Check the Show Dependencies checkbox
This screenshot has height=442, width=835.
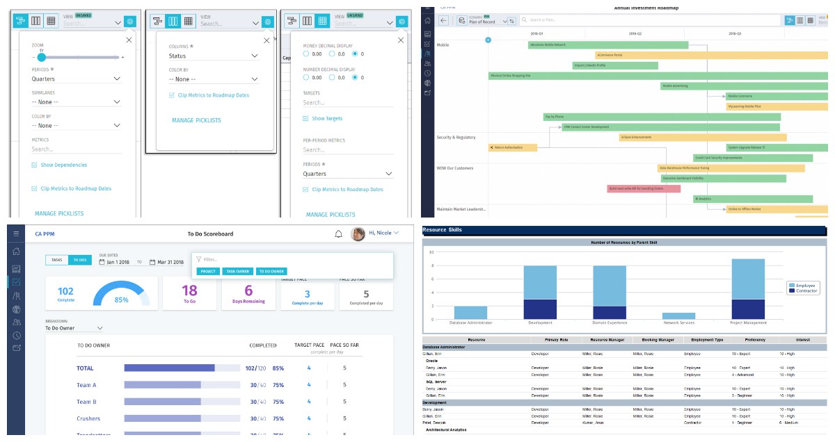click(34, 165)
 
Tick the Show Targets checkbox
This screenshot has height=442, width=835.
click(305, 119)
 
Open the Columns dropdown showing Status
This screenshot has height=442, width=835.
click(214, 56)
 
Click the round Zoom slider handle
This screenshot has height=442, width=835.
click(42, 57)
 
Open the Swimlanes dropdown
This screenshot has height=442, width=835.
click(77, 102)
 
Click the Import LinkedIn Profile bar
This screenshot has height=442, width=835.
click(615, 66)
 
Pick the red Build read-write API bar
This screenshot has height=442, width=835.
click(635, 188)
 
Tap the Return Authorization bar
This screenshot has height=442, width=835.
click(513, 147)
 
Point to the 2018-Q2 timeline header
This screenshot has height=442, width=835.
click(635, 33)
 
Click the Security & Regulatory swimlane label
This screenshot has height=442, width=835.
click(456, 138)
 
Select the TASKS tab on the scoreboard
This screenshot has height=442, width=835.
click(57, 260)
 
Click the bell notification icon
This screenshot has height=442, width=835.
click(338, 234)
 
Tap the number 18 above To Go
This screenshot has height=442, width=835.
click(189, 290)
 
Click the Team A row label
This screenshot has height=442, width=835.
click(86, 385)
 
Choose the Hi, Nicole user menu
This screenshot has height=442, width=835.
click(383, 234)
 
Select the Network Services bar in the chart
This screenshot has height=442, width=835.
click(679, 316)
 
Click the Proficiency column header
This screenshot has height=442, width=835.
click(754, 340)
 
